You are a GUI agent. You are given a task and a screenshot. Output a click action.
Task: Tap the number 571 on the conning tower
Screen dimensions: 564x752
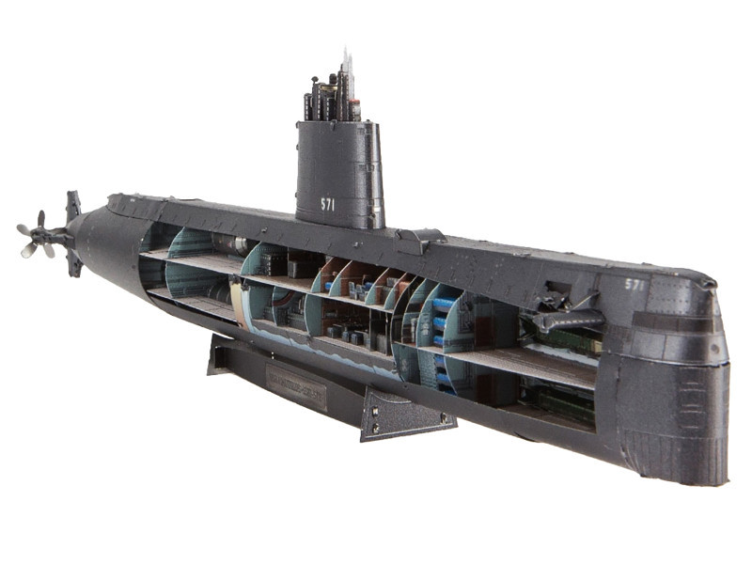click(328, 203)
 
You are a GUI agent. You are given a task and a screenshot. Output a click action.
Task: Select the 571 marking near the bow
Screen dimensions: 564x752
click(635, 284)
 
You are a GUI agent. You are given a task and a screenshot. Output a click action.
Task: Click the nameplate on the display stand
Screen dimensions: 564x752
click(296, 386)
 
